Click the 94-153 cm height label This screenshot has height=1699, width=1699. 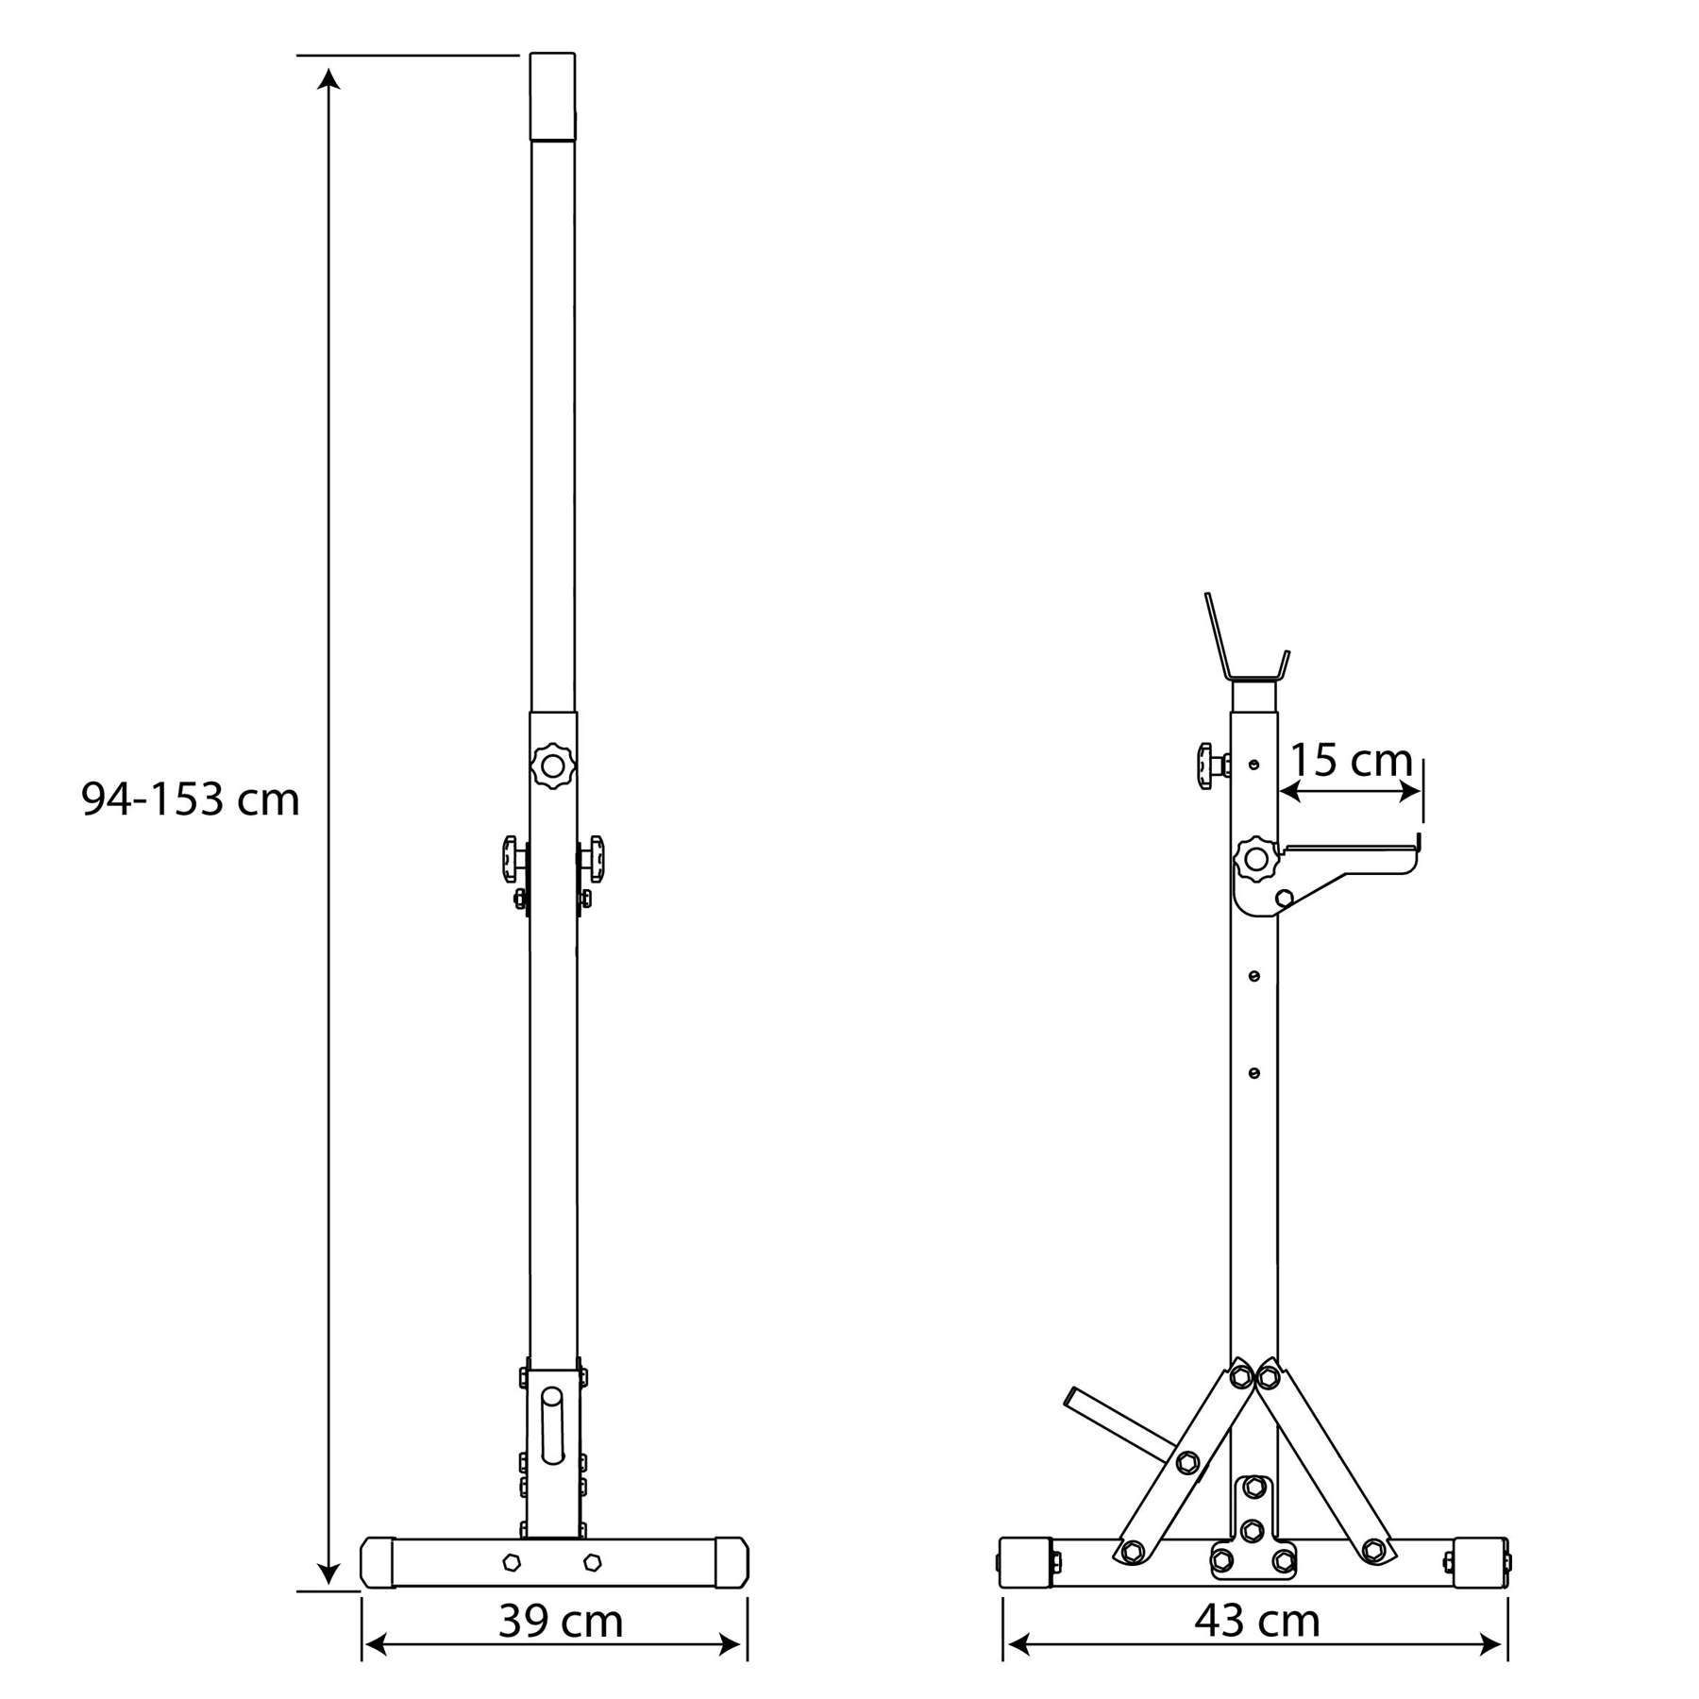(x=190, y=799)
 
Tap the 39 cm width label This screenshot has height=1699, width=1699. (x=561, y=1621)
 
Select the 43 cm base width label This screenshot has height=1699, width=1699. (x=1256, y=1621)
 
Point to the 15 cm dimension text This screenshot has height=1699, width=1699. (x=1351, y=760)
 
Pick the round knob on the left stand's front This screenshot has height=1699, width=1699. (x=552, y=765)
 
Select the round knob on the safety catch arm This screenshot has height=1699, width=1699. (x=1255, y=859)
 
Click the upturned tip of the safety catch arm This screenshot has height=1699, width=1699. (x=1418, y=844)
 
